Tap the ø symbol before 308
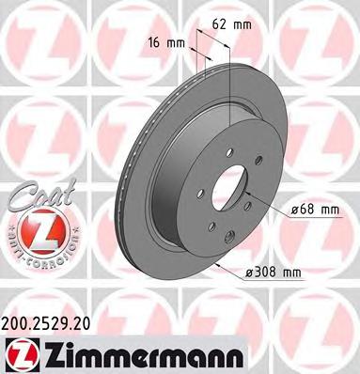pyautogui.click(x=247, y=273)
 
